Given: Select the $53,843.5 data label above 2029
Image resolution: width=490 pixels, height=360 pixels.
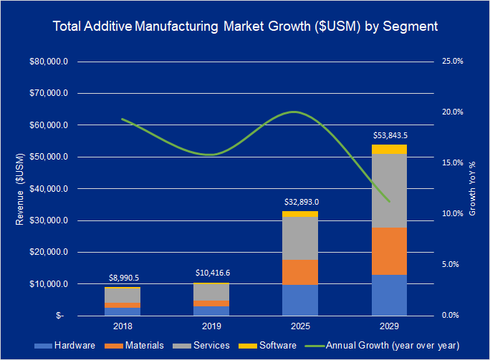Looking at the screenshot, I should click(x=389, y=135).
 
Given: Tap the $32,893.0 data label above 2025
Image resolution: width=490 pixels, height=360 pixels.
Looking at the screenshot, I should click(x=299, y=201).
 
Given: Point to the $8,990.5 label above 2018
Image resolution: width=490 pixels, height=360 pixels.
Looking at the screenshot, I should click(x=123, y=277).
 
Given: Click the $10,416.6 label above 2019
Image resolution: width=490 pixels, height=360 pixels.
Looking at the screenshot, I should click(x=211, y=273).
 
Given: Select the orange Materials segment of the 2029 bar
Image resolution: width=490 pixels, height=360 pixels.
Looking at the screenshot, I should click(x=389, y=250).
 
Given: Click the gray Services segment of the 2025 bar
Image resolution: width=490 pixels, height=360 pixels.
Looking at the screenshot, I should click(x=299, y=238).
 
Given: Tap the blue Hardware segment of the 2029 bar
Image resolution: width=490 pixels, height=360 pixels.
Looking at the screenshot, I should click(x=389, y=295).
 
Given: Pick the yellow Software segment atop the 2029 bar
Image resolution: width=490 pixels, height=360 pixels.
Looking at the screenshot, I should click(x=389, y=149).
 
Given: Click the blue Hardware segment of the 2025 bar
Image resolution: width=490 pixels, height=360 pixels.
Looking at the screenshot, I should click(x=299, y=300).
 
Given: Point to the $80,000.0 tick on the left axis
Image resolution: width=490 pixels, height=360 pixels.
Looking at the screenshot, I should click(x=48, y=62).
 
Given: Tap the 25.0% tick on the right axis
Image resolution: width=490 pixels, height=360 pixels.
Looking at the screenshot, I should click(x=452, y=62).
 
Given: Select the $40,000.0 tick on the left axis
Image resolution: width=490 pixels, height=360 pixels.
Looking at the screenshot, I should click(x=48, y=189).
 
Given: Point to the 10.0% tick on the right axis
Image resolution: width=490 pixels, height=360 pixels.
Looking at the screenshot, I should click(x=452, y=214).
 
